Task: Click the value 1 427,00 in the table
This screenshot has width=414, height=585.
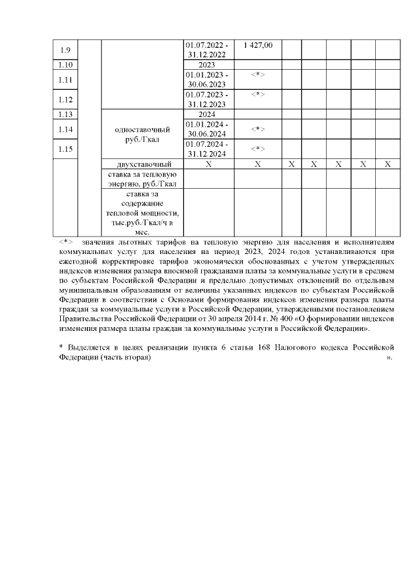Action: click(x=257, y=45)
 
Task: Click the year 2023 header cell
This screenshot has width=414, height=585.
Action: click(x=207, y=65)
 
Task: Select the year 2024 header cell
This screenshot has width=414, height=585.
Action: click(x=207, y=114)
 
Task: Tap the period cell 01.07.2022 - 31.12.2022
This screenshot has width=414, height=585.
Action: click(x=207, y=50)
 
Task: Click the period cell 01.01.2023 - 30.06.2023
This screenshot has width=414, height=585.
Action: click(x=207, y=80)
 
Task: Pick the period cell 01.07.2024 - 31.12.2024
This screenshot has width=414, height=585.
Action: click(x=207, y=149)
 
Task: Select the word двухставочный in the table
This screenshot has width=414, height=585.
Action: click(x=144, y=164)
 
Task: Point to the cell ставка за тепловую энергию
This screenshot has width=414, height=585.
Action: click(x=144, y=178)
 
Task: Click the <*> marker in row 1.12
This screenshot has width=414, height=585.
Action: click(x=257, y=94)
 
